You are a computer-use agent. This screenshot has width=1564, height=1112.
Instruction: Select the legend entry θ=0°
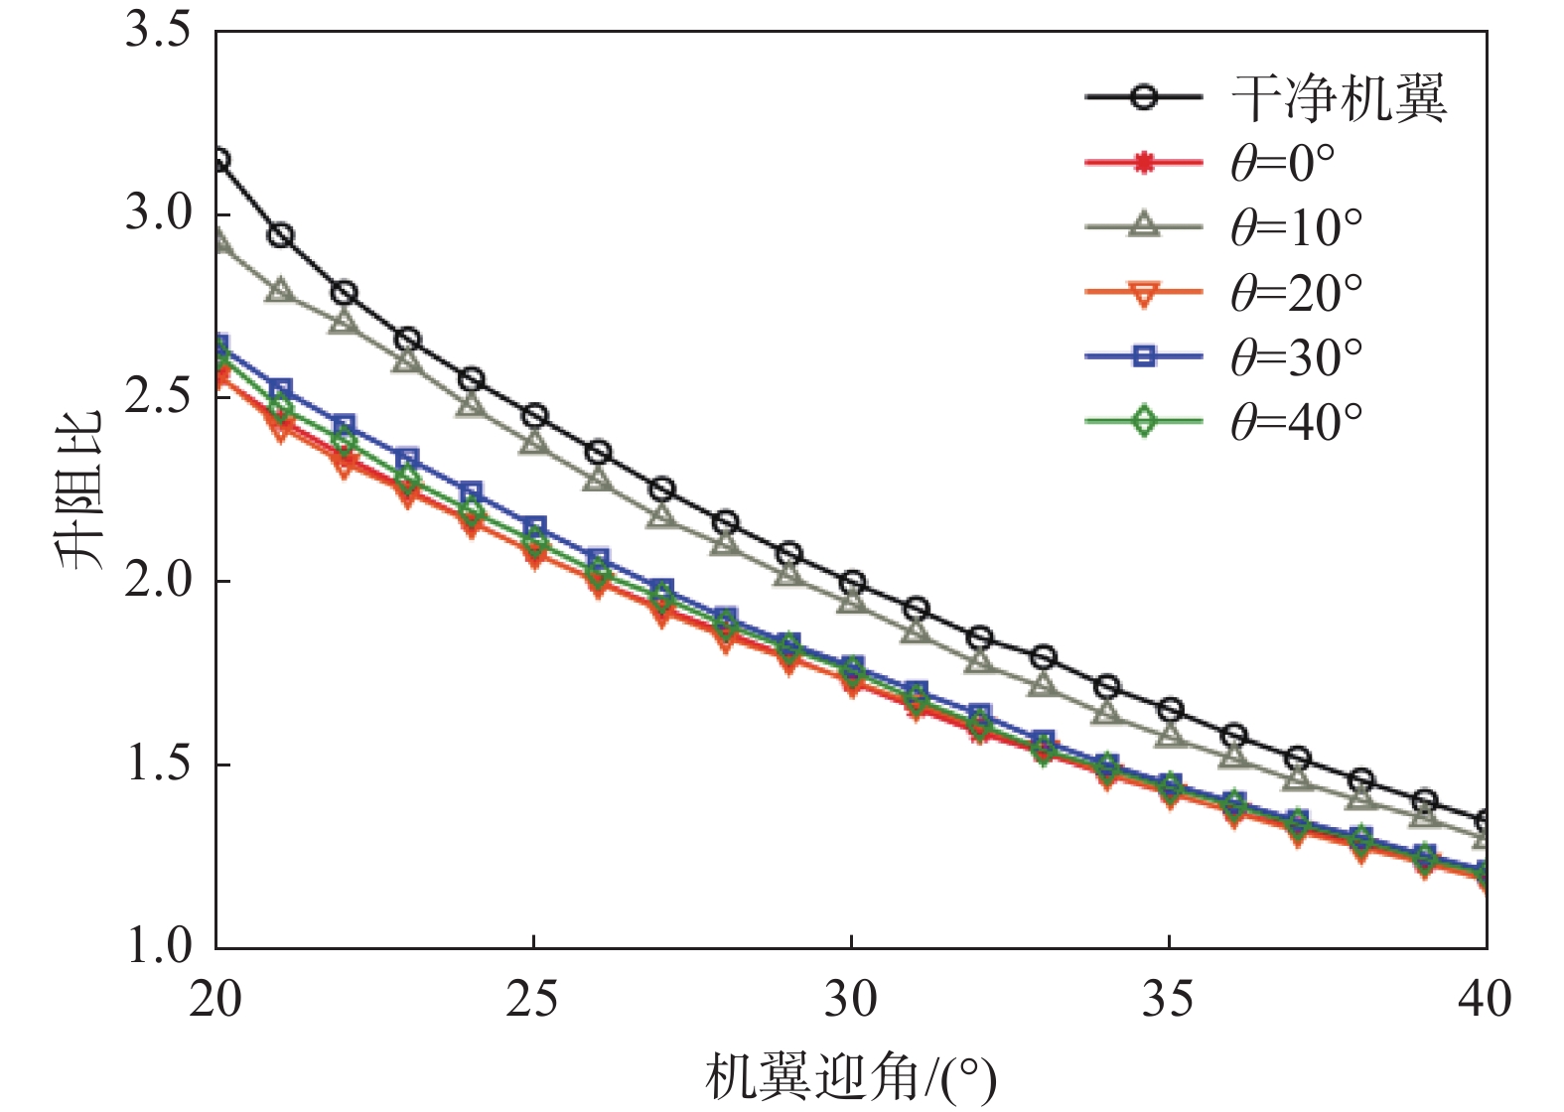(1282, 163)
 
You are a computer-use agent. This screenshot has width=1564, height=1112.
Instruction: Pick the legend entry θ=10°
(1296, 227)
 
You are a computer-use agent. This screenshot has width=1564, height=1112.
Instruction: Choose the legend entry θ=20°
(1296, 293)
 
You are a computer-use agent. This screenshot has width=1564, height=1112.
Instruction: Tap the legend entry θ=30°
(1296, 357)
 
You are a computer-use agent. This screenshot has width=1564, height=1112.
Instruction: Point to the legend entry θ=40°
(1296, 422)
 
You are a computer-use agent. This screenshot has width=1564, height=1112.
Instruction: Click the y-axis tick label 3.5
(158, 31)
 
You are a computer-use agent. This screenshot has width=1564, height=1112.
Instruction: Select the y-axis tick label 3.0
(158, 213)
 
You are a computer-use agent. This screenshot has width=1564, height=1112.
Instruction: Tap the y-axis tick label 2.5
(158, 397)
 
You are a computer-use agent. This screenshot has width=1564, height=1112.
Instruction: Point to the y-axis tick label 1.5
(158, 764)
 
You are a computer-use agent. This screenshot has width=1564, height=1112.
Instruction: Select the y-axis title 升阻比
(79, 489)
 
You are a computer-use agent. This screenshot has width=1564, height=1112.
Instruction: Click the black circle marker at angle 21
(280, 235)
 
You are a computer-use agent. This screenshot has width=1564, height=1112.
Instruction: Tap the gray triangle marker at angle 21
(280, 291)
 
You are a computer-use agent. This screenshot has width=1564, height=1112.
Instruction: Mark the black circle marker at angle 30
(852, 583)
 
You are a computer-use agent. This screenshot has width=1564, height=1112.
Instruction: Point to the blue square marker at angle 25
(534, 527)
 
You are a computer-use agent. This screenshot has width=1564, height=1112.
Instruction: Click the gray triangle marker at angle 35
(1170, 735)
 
